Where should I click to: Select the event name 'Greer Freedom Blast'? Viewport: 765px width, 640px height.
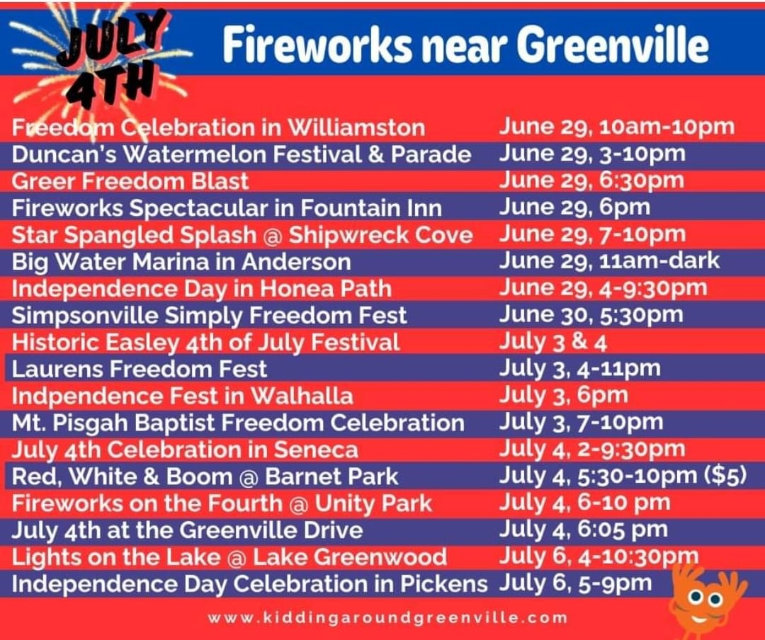[130, 181]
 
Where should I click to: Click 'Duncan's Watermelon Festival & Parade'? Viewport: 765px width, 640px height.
[242, 154]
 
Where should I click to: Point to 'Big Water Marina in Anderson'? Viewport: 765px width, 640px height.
[181, 263]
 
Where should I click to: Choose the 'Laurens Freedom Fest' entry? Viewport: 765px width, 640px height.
[139, 370]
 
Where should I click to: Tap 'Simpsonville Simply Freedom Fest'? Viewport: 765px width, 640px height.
[209, 316]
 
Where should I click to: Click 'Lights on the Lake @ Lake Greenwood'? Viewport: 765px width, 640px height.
[229, 557]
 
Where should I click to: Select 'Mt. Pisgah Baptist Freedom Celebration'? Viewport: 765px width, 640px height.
[238, 423]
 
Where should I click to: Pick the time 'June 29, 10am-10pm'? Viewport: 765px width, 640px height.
[617, 127]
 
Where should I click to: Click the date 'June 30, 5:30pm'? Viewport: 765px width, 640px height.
[591, 315]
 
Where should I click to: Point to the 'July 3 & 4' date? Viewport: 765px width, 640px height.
[552, 342]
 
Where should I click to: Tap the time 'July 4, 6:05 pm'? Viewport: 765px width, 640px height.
[584, 530]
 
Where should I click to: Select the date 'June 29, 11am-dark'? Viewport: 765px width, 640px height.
[609, 261]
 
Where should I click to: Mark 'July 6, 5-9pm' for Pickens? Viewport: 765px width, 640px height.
[575, 584]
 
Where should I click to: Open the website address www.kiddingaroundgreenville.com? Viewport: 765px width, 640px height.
[388, 618]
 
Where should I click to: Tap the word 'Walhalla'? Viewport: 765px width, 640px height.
[302, 396]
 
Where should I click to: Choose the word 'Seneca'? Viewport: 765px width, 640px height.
[316, 450]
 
